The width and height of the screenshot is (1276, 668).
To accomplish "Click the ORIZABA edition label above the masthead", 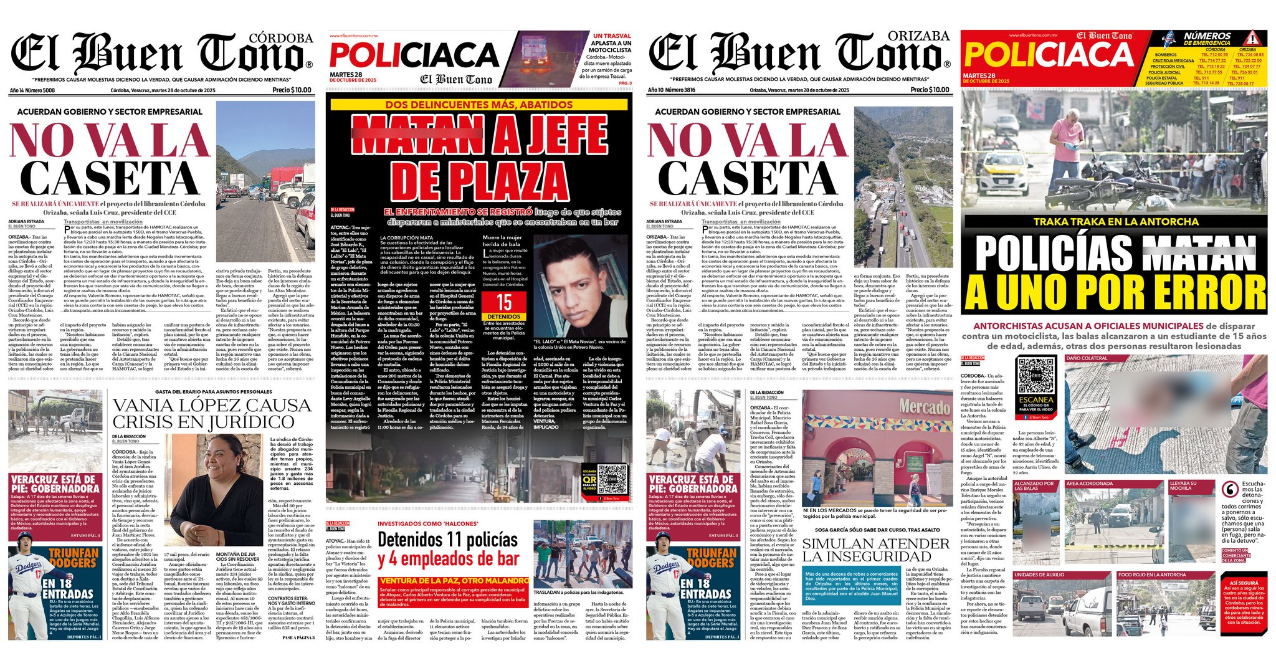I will point(918,36).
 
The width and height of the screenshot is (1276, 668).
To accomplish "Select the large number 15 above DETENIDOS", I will point(503,303).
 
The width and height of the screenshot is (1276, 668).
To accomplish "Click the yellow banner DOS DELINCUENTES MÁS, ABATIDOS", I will point(478,105).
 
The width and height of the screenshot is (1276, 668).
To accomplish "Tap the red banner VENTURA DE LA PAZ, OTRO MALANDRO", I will point(453,581).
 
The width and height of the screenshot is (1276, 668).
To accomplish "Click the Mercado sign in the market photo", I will point(925,408).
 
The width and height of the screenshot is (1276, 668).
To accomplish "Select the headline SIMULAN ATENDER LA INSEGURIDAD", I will point(875,550).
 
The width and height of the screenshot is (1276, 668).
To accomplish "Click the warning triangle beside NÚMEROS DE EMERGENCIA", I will point(1254,39).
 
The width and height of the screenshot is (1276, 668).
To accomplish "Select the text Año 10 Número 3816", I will point(671,90).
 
